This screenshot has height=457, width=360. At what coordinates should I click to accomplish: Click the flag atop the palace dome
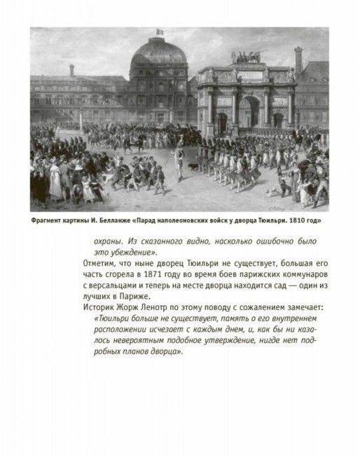158,32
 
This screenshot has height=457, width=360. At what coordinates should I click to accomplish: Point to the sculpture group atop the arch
246,58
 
